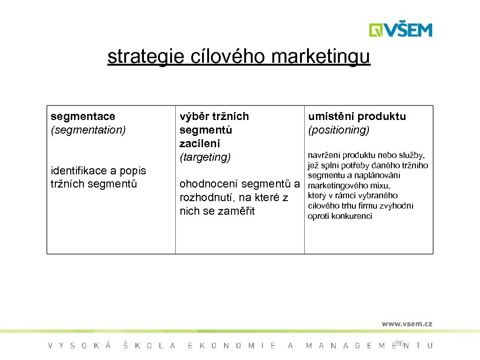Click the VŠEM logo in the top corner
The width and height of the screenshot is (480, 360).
click(x=400, y=30)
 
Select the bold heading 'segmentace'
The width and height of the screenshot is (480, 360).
click(x=83, y=116)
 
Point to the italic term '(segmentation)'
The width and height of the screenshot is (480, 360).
click(x=88, y=130)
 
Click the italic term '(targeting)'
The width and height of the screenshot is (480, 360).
click(x=205, y=157)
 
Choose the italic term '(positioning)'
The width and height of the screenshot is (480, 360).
click(x=338, y=130)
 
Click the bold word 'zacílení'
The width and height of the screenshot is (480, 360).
click(x=200, y=143)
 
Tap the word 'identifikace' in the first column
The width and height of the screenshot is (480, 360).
click(x=78, y=171)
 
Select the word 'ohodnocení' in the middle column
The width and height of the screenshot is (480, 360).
click(x=209, y=184)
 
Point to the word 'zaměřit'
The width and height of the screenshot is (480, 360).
click(x=237, y=211)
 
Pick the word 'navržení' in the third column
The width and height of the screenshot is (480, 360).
click(x=323, y=155)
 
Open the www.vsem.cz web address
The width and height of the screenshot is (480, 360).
click(x=406, y=323)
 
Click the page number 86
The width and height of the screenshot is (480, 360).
click(x=399, y=344)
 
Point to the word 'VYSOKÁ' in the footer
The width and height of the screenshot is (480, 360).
click(x=80, y=346)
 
